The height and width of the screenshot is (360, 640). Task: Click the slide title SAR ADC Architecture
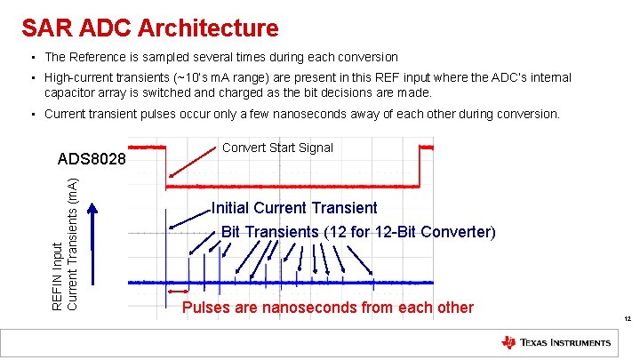[x=149, y=28]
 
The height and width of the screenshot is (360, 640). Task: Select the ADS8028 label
[x=92, y=160]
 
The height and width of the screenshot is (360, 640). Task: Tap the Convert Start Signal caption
[x=277, y=148]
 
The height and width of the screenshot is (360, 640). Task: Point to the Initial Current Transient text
[x=294, y=208]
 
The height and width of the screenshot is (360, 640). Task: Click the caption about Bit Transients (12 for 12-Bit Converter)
[x=357, y=231]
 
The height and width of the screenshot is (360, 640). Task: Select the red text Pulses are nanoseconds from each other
[x=327, y=308]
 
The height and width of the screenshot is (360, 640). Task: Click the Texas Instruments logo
[x=556, y=342]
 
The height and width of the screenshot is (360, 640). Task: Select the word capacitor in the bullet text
[x=73, y=92]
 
